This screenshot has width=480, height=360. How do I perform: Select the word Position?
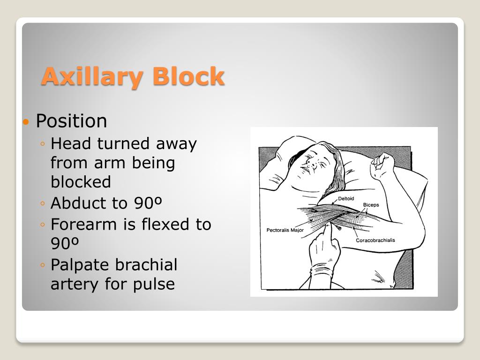71,121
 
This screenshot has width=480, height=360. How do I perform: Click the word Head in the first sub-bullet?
71,143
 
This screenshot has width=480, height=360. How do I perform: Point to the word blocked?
81,182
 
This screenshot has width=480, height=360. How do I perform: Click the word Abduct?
75,203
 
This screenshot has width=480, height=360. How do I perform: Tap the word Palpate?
81,265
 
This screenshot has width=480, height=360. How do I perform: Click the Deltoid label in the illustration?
346,199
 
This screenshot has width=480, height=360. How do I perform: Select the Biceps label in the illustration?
370,205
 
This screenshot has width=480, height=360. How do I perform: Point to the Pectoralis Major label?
285,230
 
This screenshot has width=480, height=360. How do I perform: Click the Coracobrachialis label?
375,240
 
